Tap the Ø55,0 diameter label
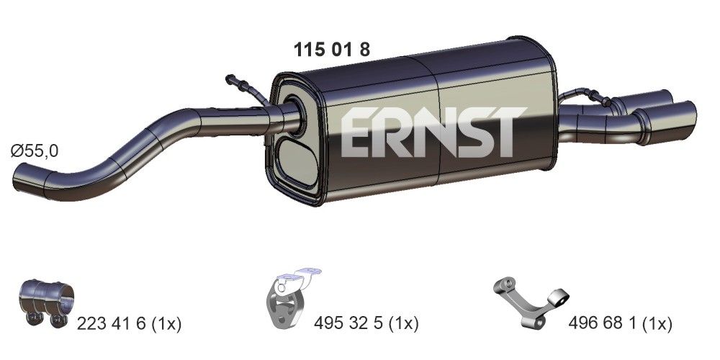click(35, 151)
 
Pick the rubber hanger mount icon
click(289, 301)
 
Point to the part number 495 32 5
click(348, 324)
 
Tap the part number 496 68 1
click(605, 324)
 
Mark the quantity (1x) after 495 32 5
click(402, 324)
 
